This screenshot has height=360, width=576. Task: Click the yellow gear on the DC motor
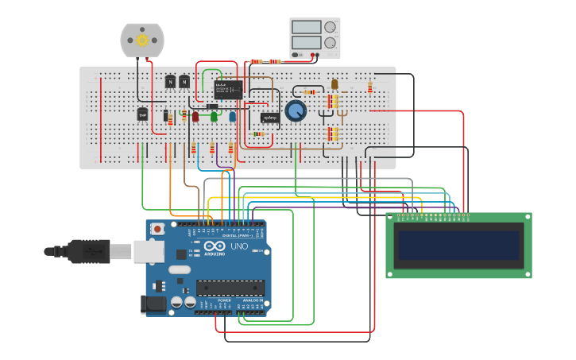click(x=142, y=40)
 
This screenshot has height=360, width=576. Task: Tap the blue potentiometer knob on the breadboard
click(x=295, y=111)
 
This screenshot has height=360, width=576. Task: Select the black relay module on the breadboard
click(x=229, y=89)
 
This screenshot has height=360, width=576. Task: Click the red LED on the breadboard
click(x=195, y=117)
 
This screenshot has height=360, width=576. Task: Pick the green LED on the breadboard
click(x=215, y=117)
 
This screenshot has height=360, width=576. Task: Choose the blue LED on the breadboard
click(x=232, y=117)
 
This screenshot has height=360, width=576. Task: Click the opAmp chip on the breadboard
click(x=269, y=118)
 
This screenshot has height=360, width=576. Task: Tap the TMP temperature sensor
click(x=142, y=114)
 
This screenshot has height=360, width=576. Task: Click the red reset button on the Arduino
click(x=157, y=229)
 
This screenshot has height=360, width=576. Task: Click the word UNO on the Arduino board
click(x=239, y=247)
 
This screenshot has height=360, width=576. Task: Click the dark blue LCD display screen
click(x=459, y=246)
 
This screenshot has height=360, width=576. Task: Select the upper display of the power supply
click(x=306, y=27)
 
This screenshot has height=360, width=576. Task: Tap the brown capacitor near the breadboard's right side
click(x=334, y=84)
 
